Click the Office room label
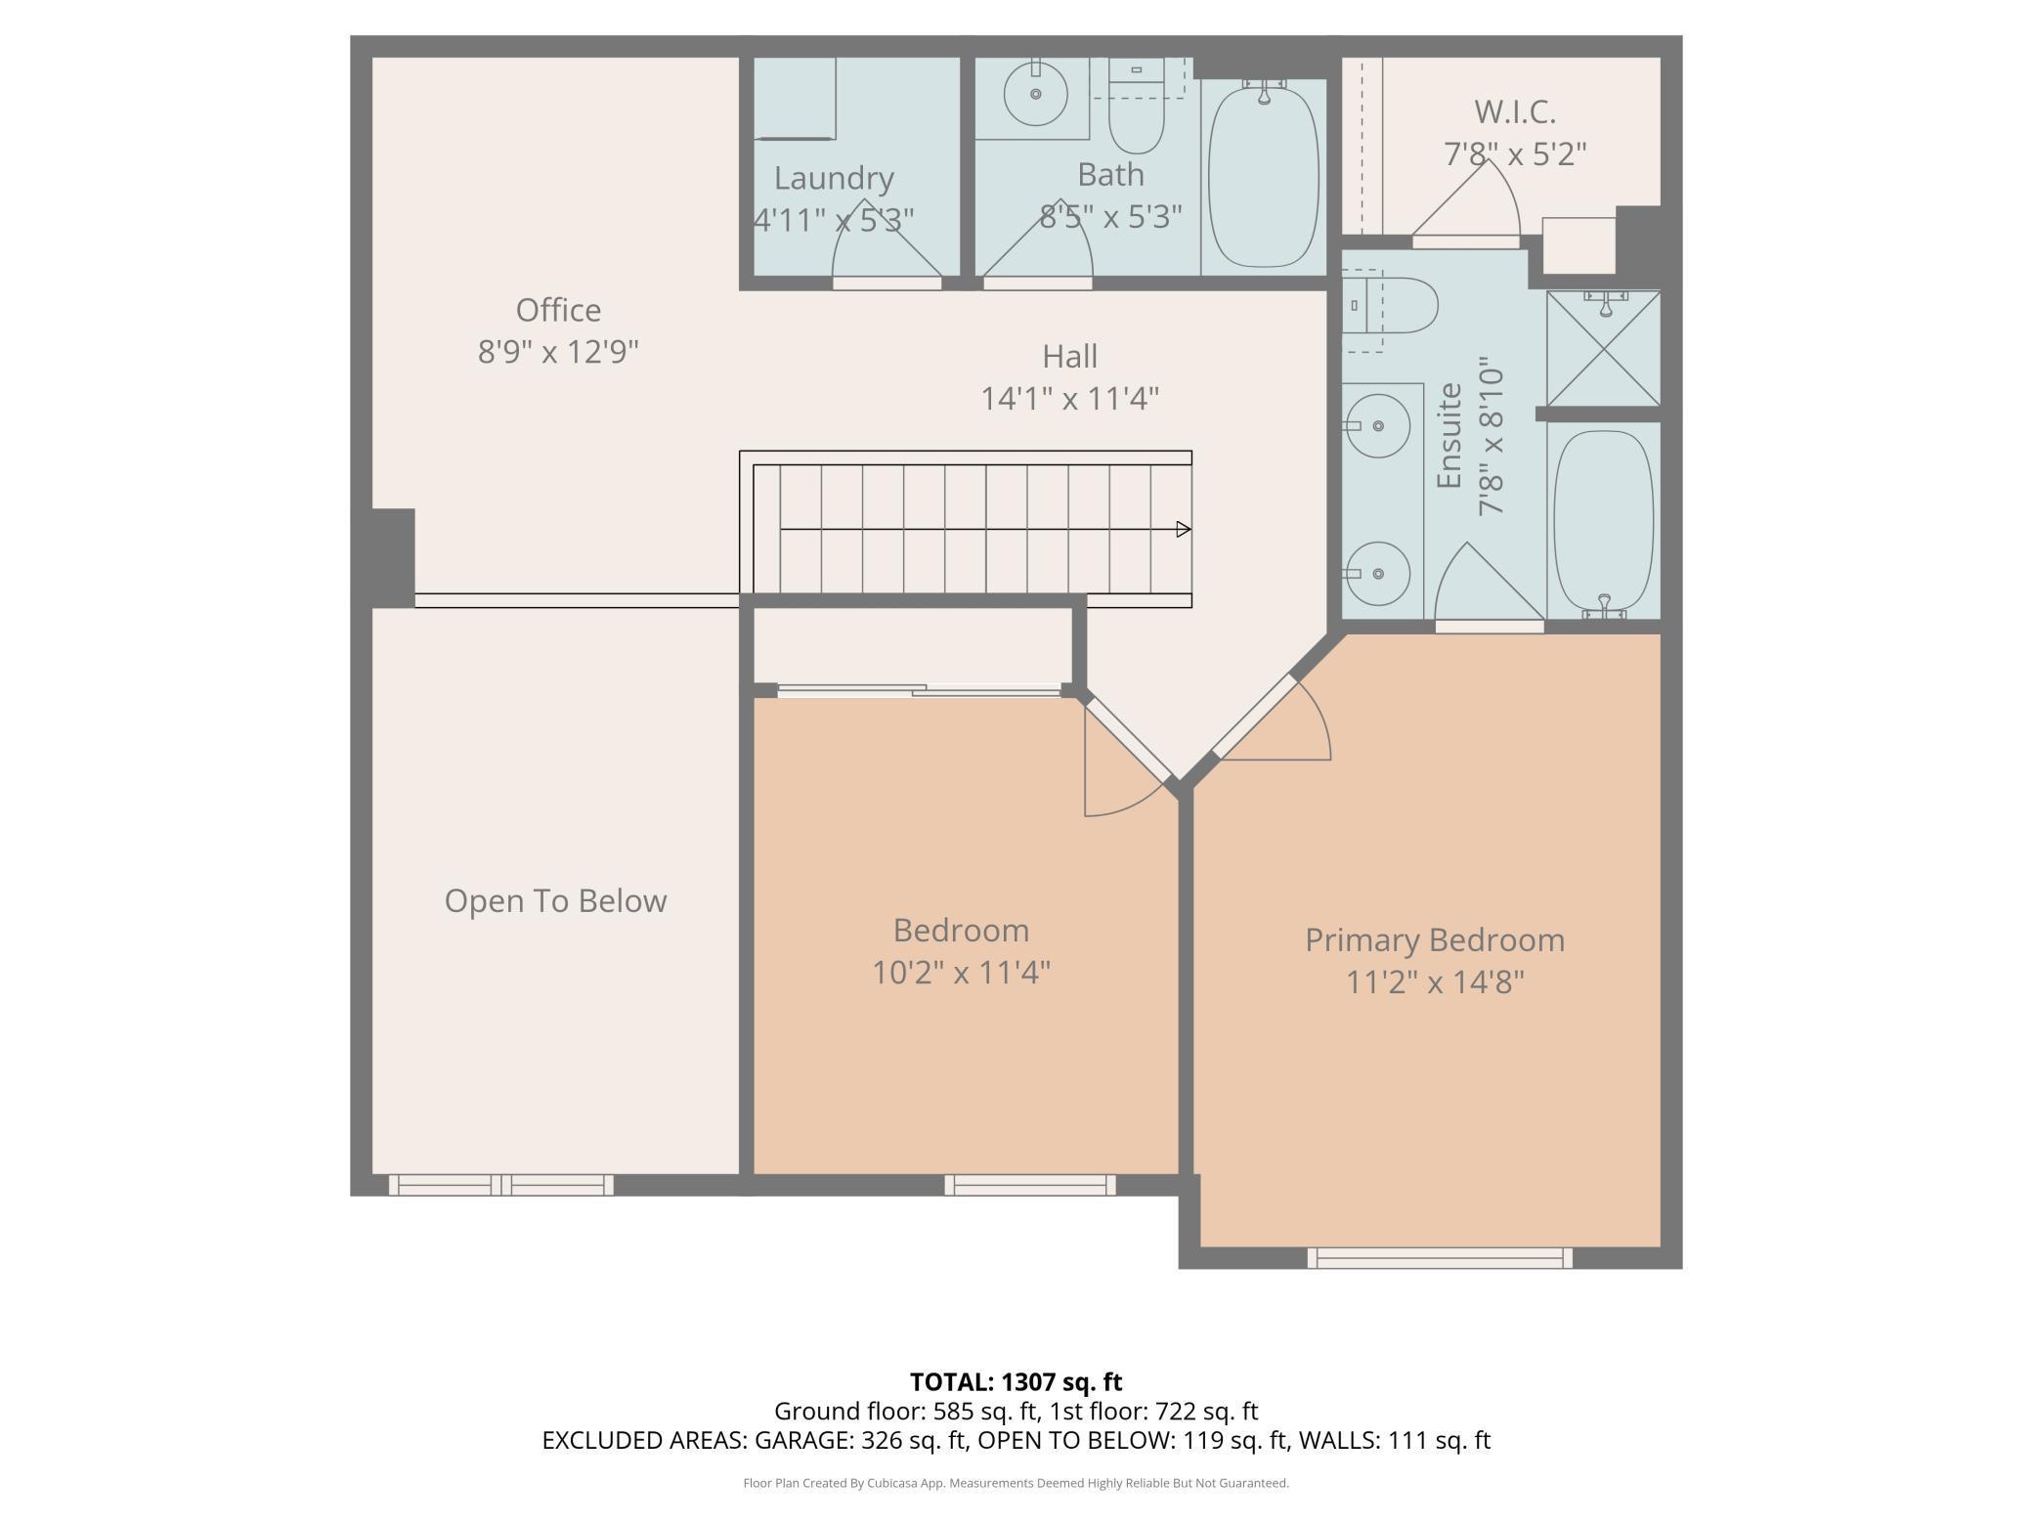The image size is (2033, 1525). point(558,310)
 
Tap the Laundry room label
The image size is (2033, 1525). point(834,178)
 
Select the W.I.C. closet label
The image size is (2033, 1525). point(1515,112)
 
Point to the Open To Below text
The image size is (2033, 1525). point(555,900)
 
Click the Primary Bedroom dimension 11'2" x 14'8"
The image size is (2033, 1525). point(1435,981)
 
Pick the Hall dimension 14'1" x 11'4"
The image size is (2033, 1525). point(1070,399)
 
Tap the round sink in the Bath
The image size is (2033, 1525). point(1035,94)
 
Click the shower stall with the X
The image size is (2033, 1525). point(1603,348)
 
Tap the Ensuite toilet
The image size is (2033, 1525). point(1389,305)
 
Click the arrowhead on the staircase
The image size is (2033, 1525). point(1183,529)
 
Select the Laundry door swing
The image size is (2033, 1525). point(887,241)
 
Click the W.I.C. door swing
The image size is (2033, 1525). point(1466,202)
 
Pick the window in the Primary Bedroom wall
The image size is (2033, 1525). point(1440,1258)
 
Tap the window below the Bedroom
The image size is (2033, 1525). point(1030,1185)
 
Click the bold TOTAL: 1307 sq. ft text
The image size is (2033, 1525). point(1016,1382)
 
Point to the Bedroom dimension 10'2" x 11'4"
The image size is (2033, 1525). point(962,973)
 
